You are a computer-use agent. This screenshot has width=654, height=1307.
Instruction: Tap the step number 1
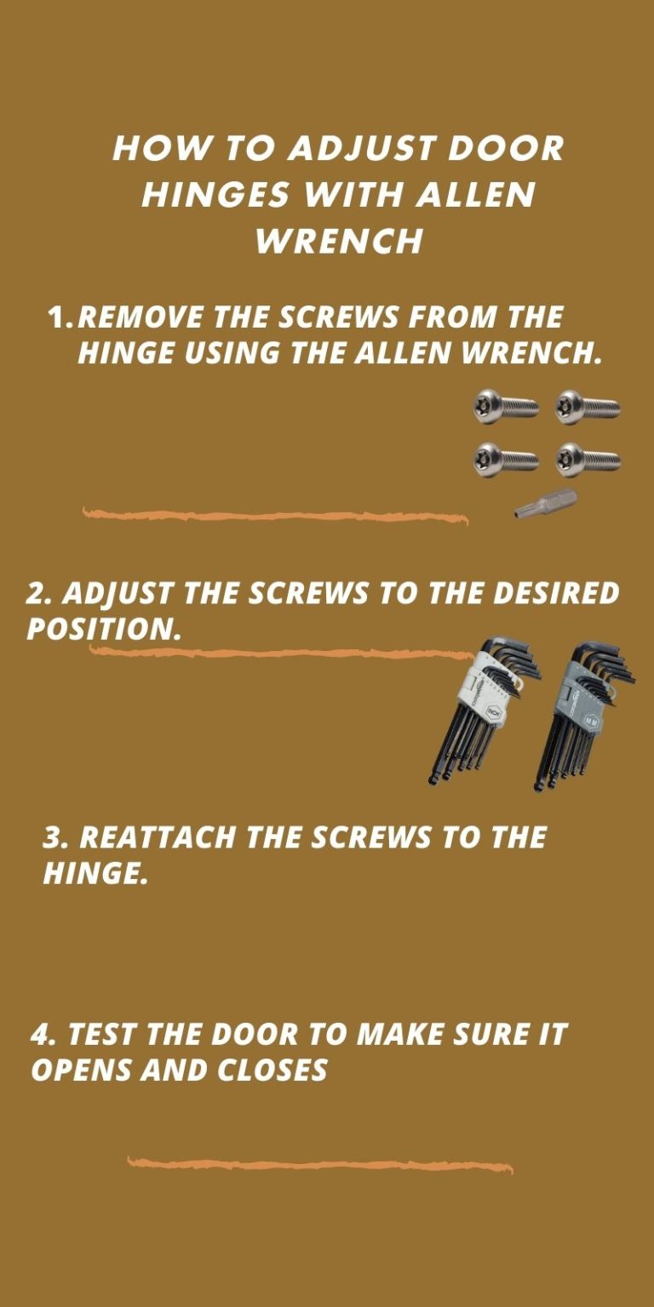click(60, 318)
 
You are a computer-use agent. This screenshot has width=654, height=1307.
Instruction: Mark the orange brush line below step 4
click(320, 1164)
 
